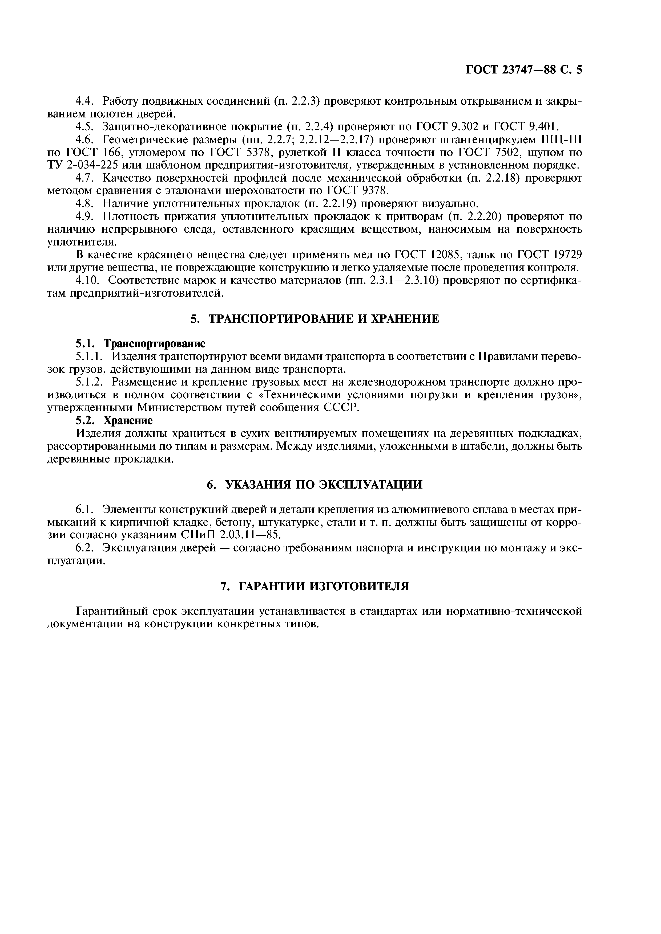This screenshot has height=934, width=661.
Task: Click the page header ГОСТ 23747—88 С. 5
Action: tap(524, 70)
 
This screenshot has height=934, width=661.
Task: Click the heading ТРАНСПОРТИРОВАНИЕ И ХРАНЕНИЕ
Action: tap(315, 319)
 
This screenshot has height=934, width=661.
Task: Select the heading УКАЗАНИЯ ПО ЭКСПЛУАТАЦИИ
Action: tap(315, 485)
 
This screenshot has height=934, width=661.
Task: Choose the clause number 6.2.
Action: tap(85, 548)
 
